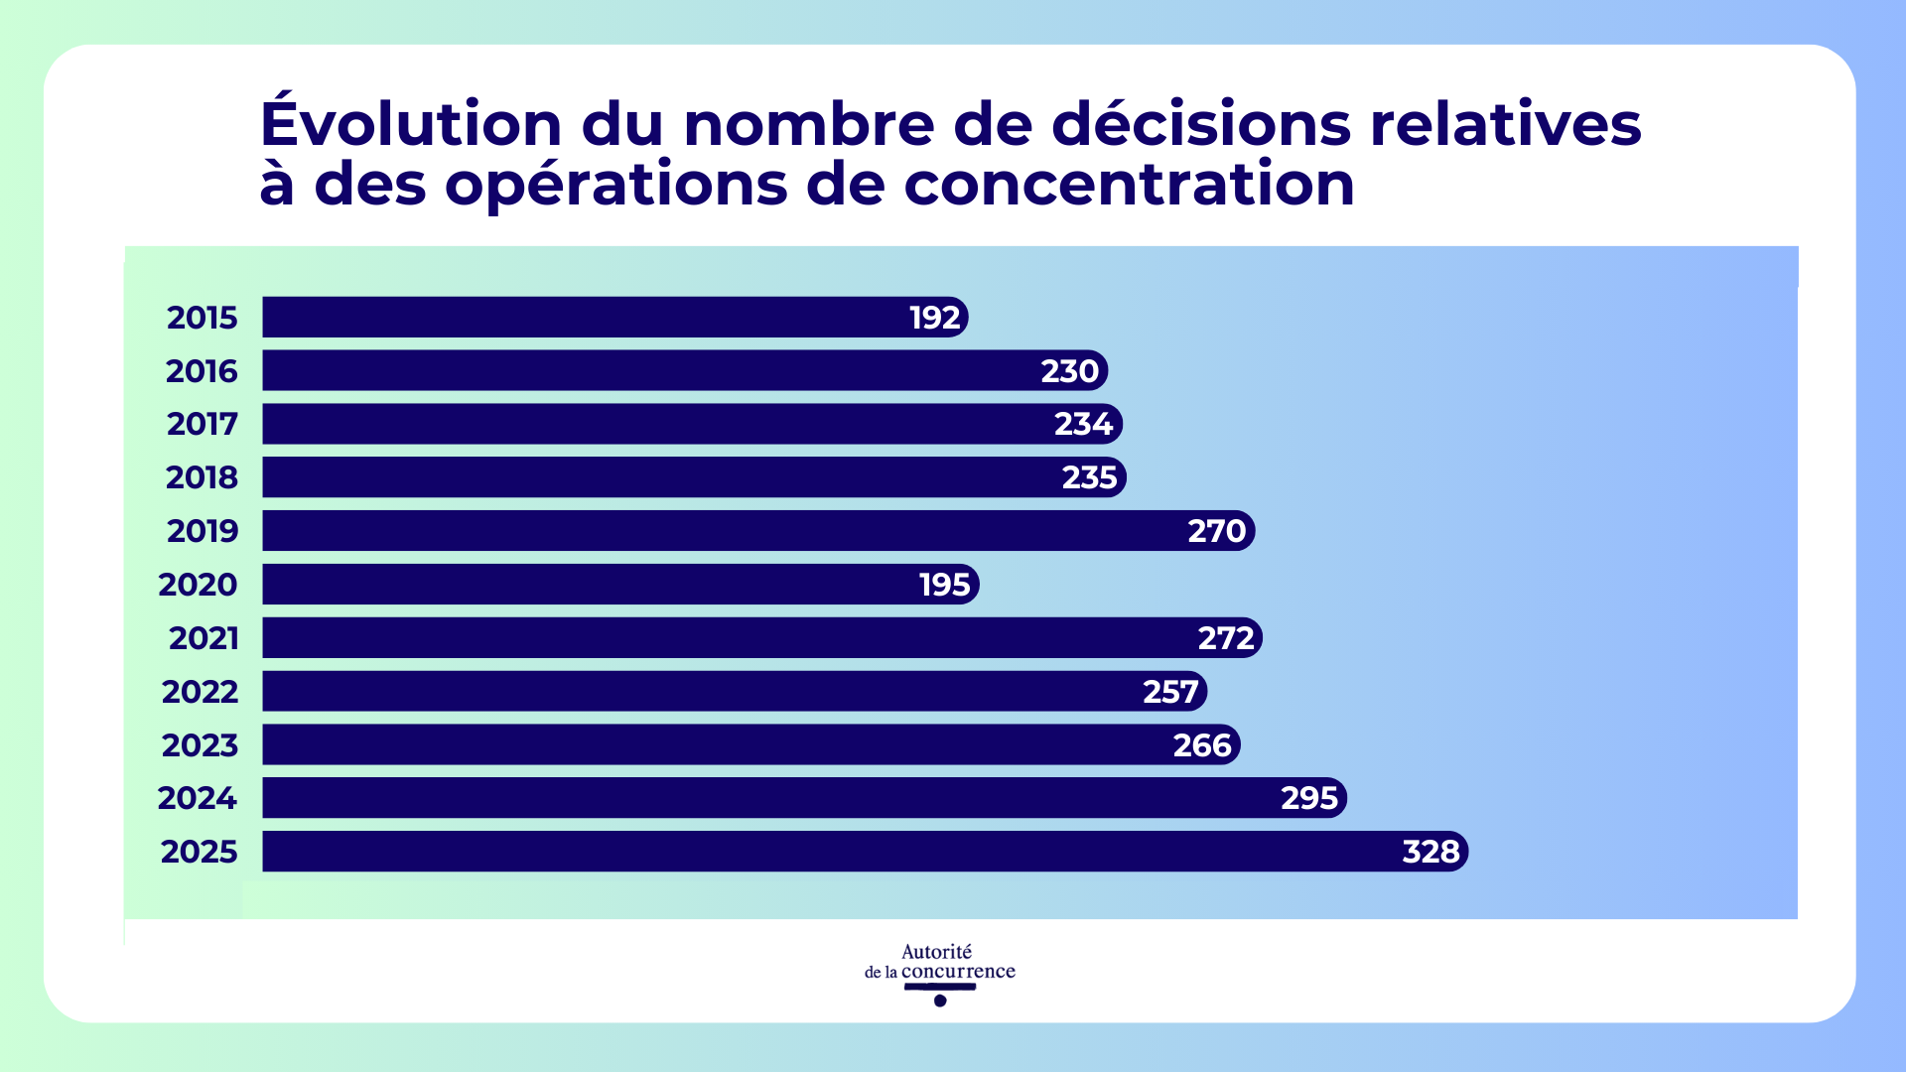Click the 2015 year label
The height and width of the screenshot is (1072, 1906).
pos(202,318)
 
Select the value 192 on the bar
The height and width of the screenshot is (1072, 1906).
pos(934,318)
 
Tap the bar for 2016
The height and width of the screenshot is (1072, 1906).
pos(645,370)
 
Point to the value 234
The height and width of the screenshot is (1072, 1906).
pos(1083,424)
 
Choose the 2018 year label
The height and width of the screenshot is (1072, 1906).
pos(202,477)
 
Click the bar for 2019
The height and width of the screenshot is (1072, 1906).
pos(695,531)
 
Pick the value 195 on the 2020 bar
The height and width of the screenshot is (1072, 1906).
pos(944,585)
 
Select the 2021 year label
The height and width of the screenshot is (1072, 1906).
pos(204,638)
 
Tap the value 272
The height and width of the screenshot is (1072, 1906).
pos(1226,638)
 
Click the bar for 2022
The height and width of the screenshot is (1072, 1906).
pos(695,691)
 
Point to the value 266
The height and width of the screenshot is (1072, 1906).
pos(1201,744)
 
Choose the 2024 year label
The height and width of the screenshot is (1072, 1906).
pos(197,798)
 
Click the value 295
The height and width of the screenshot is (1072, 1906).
pos(1308,798)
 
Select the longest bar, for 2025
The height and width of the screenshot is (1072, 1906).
pos(794,852)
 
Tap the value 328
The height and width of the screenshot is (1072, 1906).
pos(1429,852)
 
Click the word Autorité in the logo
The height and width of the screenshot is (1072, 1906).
pos(936,952)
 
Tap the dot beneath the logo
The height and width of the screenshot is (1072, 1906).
pos(940,1001)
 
